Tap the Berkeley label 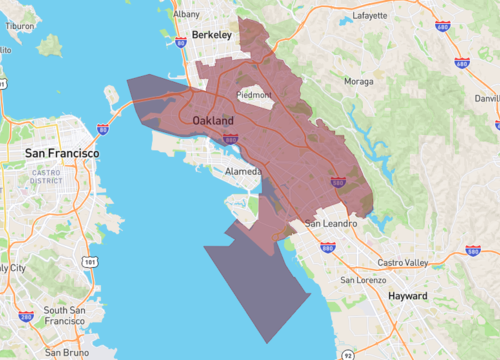pos(211,35)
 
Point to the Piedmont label pos(252,95)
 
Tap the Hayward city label pos(407,296)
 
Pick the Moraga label pos(358,80)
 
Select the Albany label pos(186,15)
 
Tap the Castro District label pos(45,177)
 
